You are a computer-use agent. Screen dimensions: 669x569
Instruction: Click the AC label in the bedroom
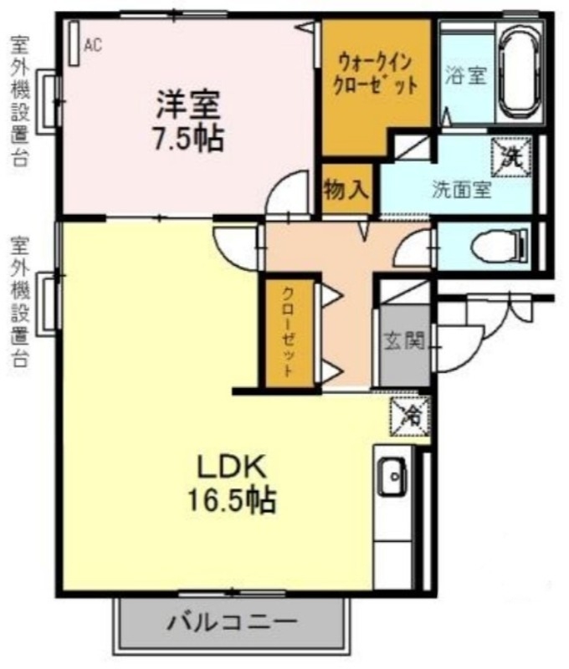(x=93, y=45)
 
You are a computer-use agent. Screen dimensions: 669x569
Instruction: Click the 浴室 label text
(x=466, y=76)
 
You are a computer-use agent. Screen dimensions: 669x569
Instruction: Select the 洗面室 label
(x=460, y=188)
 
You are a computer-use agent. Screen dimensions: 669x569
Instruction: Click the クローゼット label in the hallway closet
(x=287, y=334)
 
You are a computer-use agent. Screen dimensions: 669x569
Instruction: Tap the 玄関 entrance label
(x=404, y=340)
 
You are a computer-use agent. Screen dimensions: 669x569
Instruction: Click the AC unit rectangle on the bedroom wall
(x=74, y=43)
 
